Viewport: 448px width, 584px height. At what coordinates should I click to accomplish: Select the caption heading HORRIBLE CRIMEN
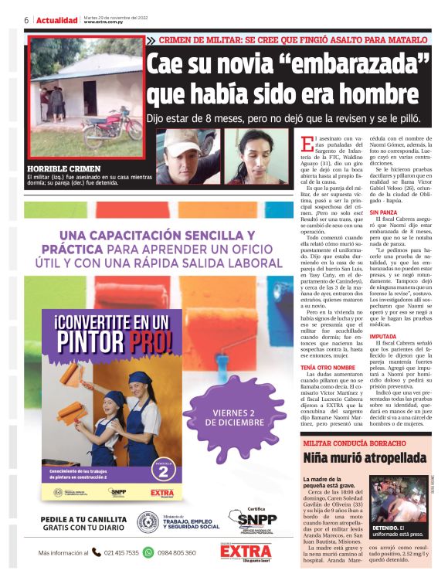pyautogui.click(x=64, y=168)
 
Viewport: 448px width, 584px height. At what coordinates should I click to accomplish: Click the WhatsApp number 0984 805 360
pyautogui.click(x=177, y=552)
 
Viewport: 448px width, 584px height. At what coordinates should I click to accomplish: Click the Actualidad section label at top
pyautogui.click(x=57, y=20)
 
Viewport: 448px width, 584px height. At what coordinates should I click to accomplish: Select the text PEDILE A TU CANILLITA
pyautogui.click(x=82, y=519)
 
